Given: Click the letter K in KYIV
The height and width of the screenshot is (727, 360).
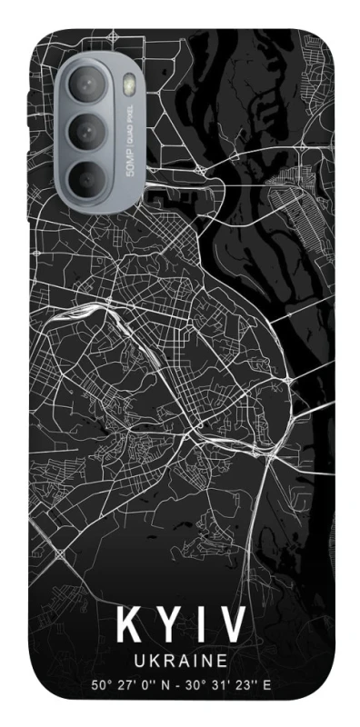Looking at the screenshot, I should (x=127, y=627).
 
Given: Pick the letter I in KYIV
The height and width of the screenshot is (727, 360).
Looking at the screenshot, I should (x=198, y=627).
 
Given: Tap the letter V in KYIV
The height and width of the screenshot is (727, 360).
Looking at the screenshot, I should (x=232, y=627).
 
